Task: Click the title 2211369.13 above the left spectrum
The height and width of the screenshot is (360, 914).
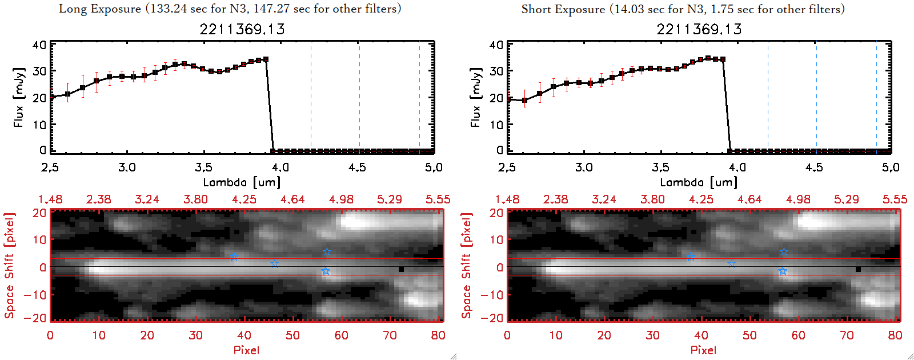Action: [x=242, y=29]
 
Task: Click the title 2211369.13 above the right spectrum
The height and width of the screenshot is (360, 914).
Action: [x=699, y=29]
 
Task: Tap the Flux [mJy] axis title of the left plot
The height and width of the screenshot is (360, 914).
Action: [x=19, y=97]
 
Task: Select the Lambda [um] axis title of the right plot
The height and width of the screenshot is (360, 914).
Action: [x=699, y=182]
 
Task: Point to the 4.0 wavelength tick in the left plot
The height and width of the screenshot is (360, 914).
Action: [x=280, y=167]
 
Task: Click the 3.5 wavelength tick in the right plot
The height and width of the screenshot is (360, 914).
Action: [x=660, y=167]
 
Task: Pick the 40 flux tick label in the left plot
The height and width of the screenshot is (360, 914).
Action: [x=39, y=45]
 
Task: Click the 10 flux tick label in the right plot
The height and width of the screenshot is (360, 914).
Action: [x=496, y=124]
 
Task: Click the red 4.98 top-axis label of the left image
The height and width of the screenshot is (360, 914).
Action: [x=341, y=199]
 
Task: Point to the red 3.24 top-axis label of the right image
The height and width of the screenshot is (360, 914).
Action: [x=604, y=199]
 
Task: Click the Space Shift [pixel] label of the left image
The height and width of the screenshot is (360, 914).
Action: [x=9, y=266]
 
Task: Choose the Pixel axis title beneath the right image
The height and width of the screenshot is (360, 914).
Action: [x=703, y=350]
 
